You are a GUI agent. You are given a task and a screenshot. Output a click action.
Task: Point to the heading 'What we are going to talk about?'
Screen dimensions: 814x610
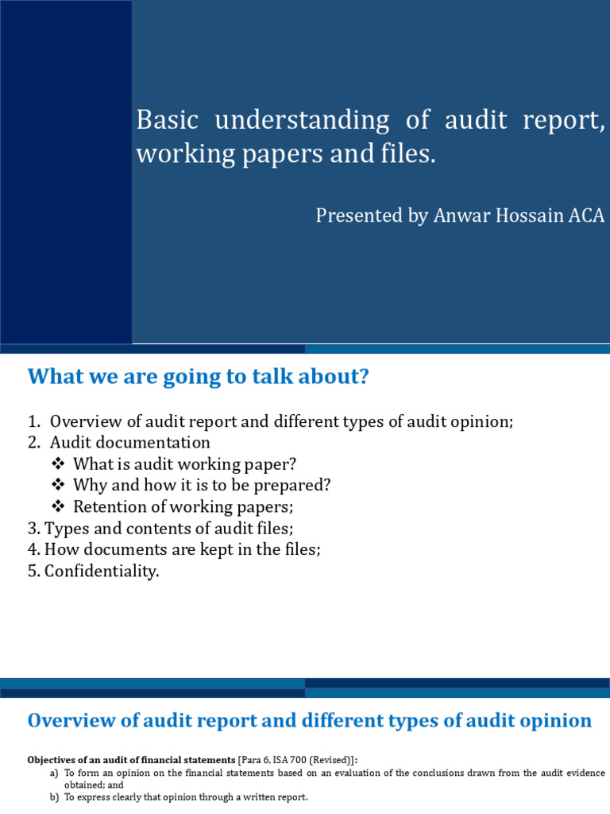click(x=199, y=377)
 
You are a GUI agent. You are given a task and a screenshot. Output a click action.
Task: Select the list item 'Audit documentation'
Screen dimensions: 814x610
click(x=129, y=443)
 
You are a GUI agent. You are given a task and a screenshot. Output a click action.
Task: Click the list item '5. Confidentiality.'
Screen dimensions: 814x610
click(x=94, y=571)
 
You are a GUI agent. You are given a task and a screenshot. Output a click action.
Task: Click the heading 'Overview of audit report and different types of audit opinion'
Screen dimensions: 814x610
click(x=310, y=721)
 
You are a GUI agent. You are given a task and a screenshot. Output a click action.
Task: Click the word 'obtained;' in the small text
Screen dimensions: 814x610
click(x=83, y=785)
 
